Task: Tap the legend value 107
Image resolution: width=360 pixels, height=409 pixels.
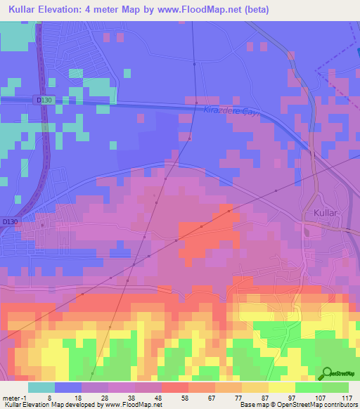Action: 321,398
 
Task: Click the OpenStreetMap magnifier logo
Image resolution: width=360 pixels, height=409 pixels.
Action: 327,374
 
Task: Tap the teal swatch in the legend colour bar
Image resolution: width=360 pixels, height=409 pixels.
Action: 41,387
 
